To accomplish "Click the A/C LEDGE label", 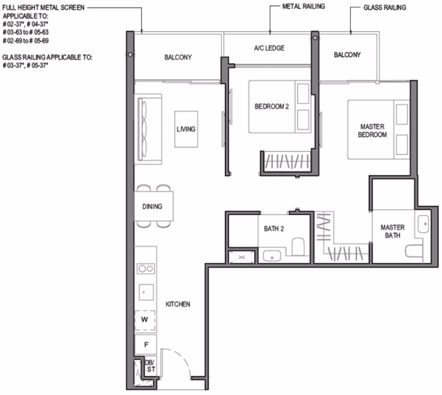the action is [x=269, y=48].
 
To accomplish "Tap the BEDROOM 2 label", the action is [x=272, y=107].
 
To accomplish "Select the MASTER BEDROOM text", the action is [x=373, y=131].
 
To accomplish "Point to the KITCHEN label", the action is [x=178, y=304].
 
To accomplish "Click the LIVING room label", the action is [x=186, y=129].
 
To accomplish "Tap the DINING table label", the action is [x=152, y=206].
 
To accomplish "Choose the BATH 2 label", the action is [x=274, y=229].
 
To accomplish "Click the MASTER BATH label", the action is [x=393, y=232].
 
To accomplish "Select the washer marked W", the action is [x=145, y=320].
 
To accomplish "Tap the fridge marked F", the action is [x=146, y=344].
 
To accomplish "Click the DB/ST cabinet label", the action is [x=151, y=366].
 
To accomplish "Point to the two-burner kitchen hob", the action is [x=146, y=269].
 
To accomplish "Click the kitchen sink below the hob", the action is [x=146, y=292].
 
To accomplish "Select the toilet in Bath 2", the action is [x=298, y=247].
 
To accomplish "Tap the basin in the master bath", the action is [x=423, y=224].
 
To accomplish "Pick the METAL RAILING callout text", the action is [x=304, y=6].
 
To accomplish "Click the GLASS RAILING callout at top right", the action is [x=385, y=8].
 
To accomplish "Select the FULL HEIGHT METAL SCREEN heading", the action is [x=43, y=8].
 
